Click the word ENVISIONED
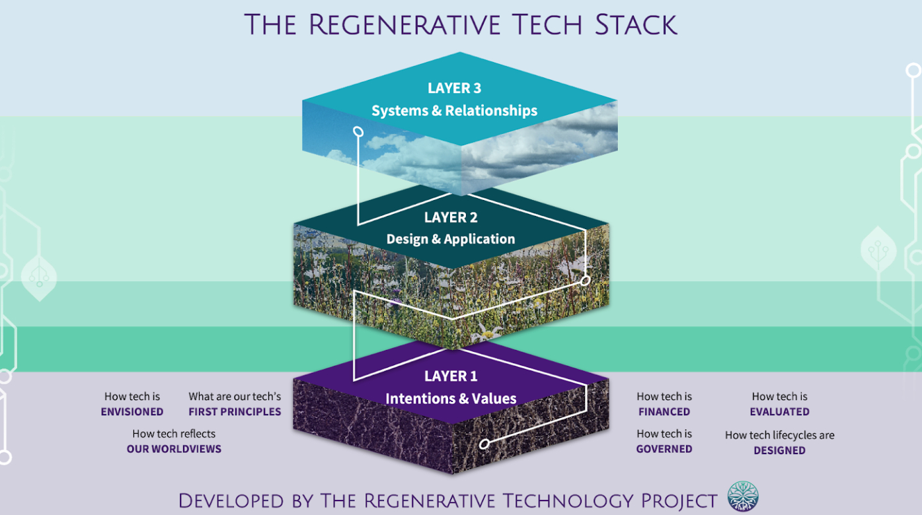coord(132,412)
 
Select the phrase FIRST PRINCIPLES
coord(235,412)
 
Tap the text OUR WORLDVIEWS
coord(174,449)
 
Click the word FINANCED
coord(664,412)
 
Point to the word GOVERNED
coord(664,449)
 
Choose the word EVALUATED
coord(779,412)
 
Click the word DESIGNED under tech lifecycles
coord(779,450)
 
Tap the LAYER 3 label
coord(454,88)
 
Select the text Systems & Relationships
coord(454,111)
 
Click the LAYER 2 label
coord(451,217)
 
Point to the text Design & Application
coord(451,239)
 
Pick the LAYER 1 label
coord(451,376)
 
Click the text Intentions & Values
coord(451,399)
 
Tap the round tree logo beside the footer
coord(743,497)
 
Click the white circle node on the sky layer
coord(358,132)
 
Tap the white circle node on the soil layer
coord(484,444)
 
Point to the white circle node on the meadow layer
coord(585,281)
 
